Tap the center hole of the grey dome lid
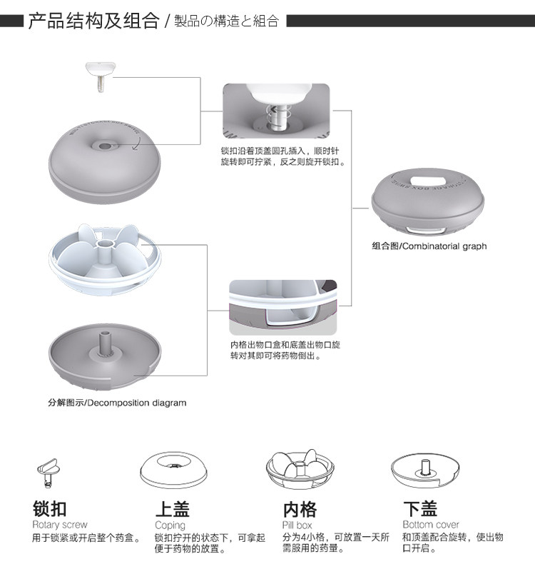(105, 146)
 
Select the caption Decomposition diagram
(117, 403)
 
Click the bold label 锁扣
(50, 508)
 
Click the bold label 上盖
(173, 508)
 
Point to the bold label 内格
(300, 508)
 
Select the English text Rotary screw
(60, 525)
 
